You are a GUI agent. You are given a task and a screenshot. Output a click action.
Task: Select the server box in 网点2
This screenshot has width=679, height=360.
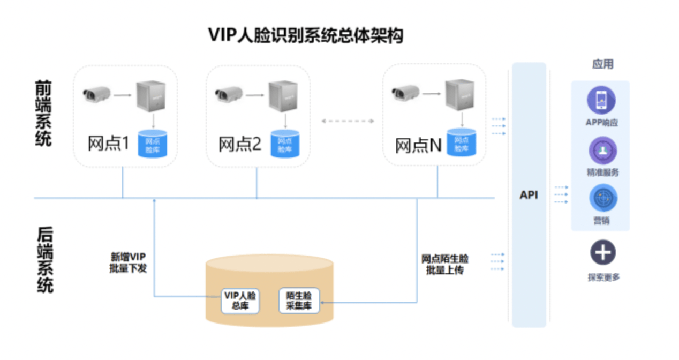[283, 96]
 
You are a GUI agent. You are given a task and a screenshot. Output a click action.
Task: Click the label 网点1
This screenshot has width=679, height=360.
[109, 144]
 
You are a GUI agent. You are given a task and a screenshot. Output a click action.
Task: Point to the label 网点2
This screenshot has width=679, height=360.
[240, 144]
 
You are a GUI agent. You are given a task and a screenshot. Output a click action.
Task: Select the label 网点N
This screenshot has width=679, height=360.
[418, 145]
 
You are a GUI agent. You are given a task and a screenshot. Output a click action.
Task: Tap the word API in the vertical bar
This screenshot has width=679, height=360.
[529, 195]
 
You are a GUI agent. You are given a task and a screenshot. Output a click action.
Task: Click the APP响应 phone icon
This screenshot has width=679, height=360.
[601, 101]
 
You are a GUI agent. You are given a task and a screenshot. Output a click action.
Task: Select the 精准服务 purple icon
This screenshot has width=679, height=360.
[603, 151]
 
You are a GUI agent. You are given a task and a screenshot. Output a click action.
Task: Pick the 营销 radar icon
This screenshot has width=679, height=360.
[603, 198]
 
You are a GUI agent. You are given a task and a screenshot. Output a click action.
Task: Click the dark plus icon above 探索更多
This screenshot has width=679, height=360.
[603, 253]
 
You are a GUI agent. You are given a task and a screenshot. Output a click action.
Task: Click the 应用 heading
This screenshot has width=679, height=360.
[602, 65]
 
